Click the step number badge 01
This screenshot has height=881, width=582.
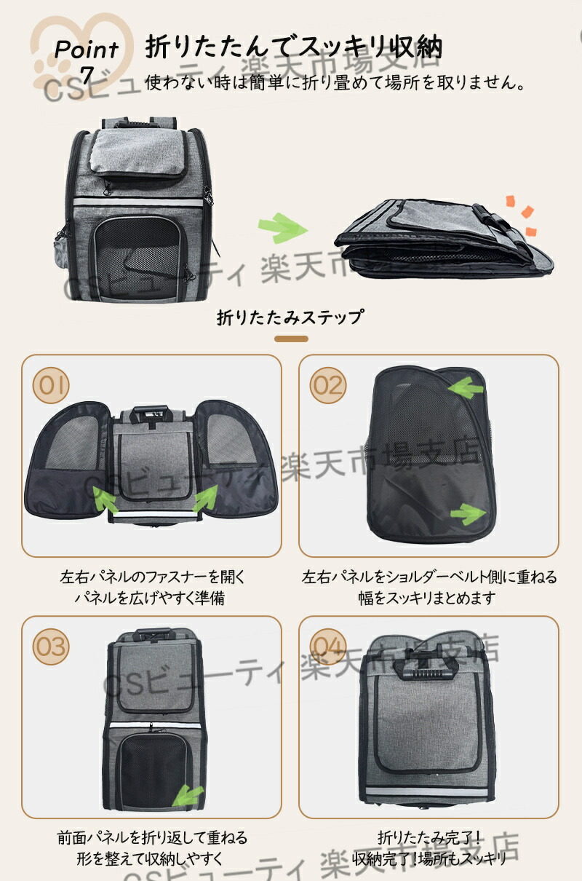click(x=51, y=385)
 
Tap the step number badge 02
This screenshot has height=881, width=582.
click(x=328, y=385)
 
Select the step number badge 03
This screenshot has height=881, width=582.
click(x=51, y=647)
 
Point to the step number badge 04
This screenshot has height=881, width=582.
click(x=328, y=647)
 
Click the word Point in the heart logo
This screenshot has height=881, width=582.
click(x=87, y=50)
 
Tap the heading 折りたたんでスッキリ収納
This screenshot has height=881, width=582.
click(x=294, y=47)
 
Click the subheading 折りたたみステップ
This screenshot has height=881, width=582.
click(x=291, y=317)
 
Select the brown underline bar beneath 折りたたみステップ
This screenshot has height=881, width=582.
click(x=291, y=339)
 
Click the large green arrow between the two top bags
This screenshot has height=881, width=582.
click(x=282, y=228)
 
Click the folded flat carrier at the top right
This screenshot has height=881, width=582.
click(x=443, y=239)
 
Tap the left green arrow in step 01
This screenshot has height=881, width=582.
click(x=105, y=499)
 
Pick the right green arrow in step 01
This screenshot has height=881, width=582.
click(x=204, y=498)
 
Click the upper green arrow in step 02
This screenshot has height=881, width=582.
click(x=466, y=387)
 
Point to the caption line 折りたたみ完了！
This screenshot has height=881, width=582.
click(x=429, y=838)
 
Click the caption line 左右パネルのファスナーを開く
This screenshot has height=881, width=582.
click(x=153, y=577)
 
